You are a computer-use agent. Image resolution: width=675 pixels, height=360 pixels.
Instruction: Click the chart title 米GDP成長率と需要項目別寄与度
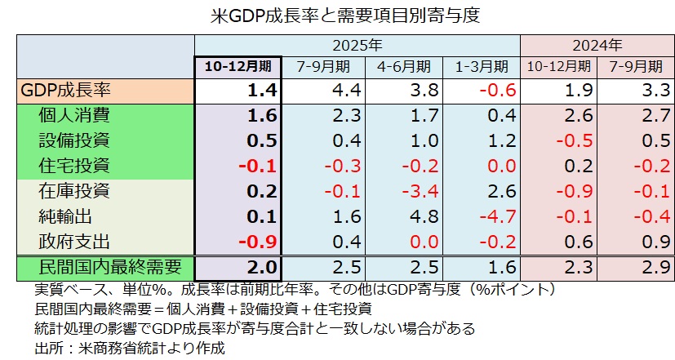tap(337, 16)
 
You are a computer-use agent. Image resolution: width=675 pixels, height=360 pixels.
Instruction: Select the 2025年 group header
tap(357, 45)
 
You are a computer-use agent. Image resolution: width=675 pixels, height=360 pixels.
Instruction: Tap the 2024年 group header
tap(597, 45)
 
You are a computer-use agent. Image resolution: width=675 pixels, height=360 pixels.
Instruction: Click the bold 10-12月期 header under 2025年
tap(238, 66)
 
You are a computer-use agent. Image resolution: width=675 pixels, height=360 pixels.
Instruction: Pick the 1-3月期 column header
tap(481, 66)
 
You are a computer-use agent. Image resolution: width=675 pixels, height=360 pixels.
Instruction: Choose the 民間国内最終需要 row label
tap(106, 267)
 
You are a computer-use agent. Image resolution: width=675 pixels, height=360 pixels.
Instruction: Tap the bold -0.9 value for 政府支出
tap(258, 242)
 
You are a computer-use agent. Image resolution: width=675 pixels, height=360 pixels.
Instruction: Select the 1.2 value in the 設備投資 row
tap(495, 140)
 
